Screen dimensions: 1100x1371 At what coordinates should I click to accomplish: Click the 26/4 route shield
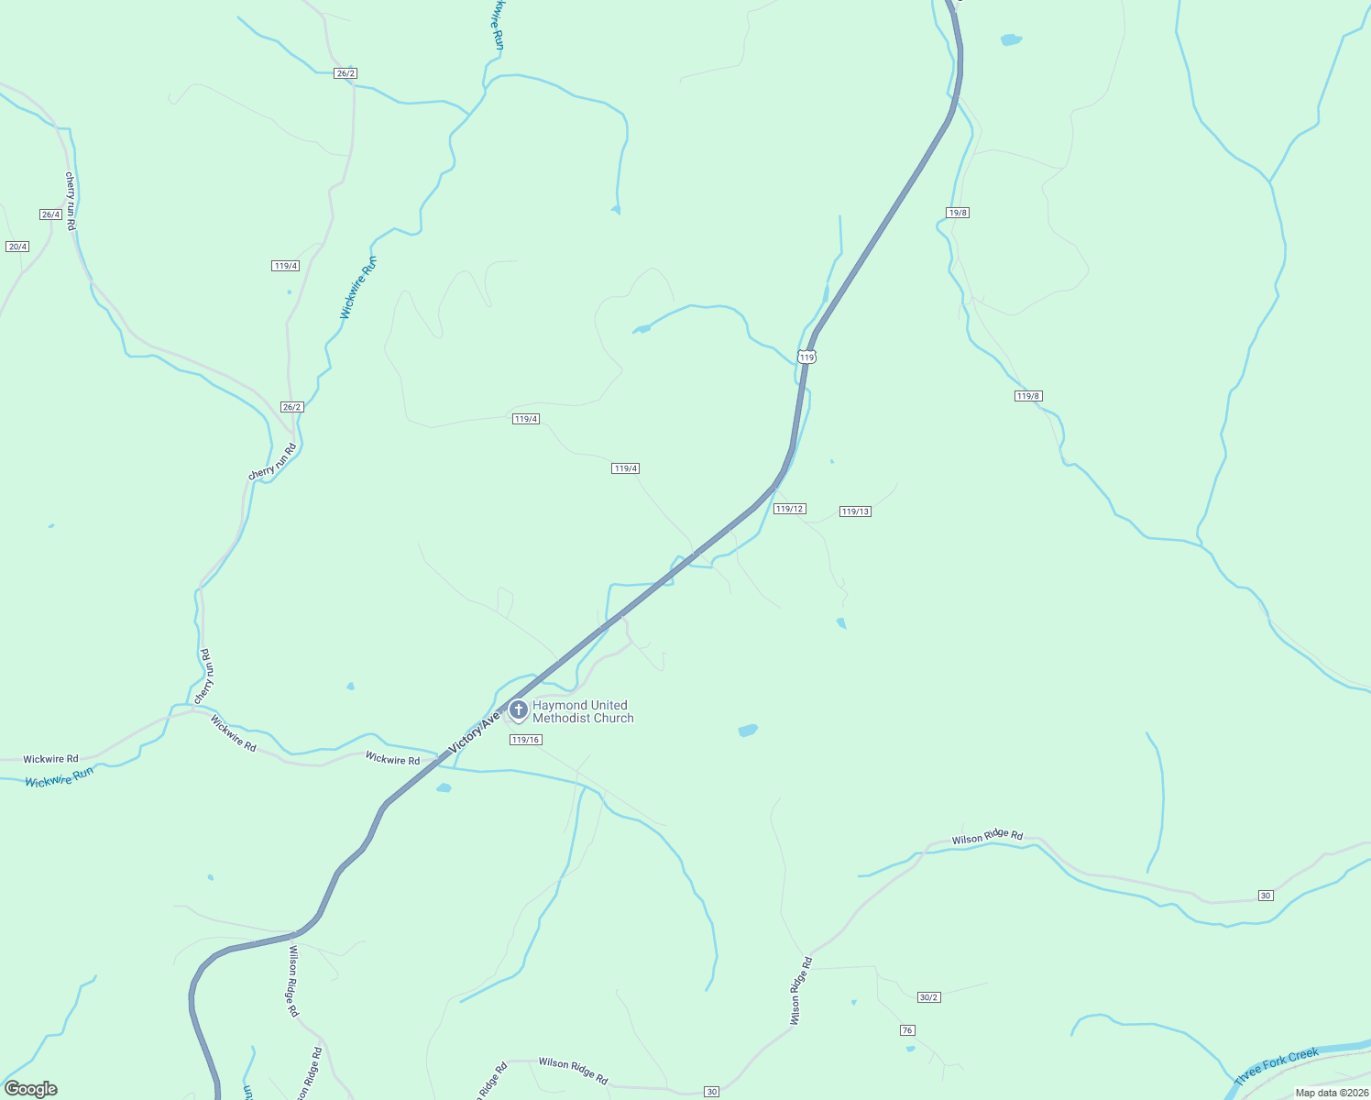(50, 214)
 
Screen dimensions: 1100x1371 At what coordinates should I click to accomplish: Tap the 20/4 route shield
(17, 247)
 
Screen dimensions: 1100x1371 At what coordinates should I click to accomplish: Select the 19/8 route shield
(957, 213)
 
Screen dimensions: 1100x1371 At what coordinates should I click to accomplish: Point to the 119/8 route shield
(1028, 396)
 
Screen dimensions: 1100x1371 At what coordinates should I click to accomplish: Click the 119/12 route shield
(789, 509)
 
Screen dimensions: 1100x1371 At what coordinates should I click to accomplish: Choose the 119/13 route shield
(855, 511)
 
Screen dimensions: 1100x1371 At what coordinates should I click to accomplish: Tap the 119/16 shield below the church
(526, 740)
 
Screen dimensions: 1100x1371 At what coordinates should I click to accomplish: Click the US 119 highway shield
(806, 357)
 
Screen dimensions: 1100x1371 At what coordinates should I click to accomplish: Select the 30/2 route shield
(929, 997)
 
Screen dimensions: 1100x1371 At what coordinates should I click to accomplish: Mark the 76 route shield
(907, 1030)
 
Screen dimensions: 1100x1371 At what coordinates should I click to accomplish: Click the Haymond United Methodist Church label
(583, 711)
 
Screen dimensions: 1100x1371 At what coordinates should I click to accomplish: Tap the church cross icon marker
(518, 709)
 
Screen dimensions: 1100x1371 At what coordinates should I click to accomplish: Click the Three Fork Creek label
(1276, 1067)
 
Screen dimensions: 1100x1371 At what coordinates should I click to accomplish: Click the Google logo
(31, 1089)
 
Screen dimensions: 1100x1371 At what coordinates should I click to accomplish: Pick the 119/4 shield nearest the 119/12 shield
(625, 468)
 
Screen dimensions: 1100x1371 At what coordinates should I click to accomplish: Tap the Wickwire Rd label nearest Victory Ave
(392, 759)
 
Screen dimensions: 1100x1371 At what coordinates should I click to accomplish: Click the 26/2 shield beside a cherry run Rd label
(292, 407)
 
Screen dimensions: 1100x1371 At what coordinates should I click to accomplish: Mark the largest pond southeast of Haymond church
(748, 731)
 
